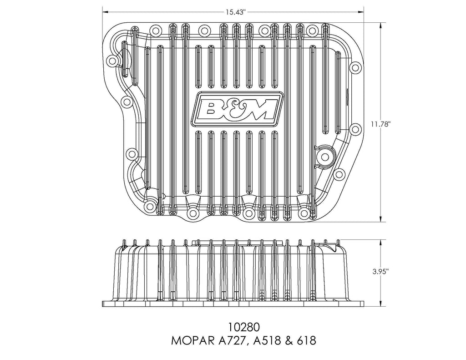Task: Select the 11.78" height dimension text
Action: (x=380, y=124)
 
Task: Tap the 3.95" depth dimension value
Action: (x=380, y=272)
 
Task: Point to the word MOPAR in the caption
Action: (x=192, y=341)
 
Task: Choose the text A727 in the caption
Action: (x=232, y=341)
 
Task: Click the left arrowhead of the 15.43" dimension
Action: (x=106, y=12)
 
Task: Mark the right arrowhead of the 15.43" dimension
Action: (x=361, y=12)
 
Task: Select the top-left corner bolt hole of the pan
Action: (x=112, y=61)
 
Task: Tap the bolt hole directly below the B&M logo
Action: (x=248, y=213)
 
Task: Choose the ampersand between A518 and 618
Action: (x=288, y=341)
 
